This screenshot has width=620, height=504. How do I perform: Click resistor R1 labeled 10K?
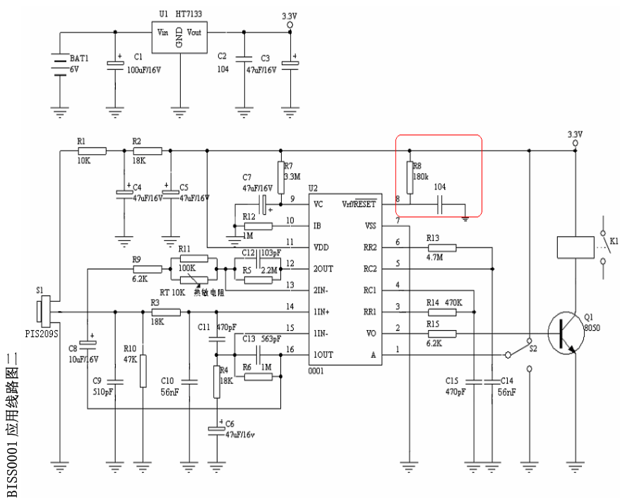(92, 151)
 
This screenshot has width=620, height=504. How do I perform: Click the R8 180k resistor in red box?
(410, 172)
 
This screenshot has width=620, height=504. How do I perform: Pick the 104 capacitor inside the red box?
(440, 205)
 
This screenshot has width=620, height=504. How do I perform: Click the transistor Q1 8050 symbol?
(565, 333)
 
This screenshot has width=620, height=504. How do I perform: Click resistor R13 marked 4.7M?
(442, 247)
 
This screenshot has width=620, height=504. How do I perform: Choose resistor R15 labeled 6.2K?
(442, 333)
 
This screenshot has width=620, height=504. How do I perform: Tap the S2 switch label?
(534, 348)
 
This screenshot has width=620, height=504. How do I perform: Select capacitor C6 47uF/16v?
(215, 429)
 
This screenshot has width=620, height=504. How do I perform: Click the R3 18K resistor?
(167, 312)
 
